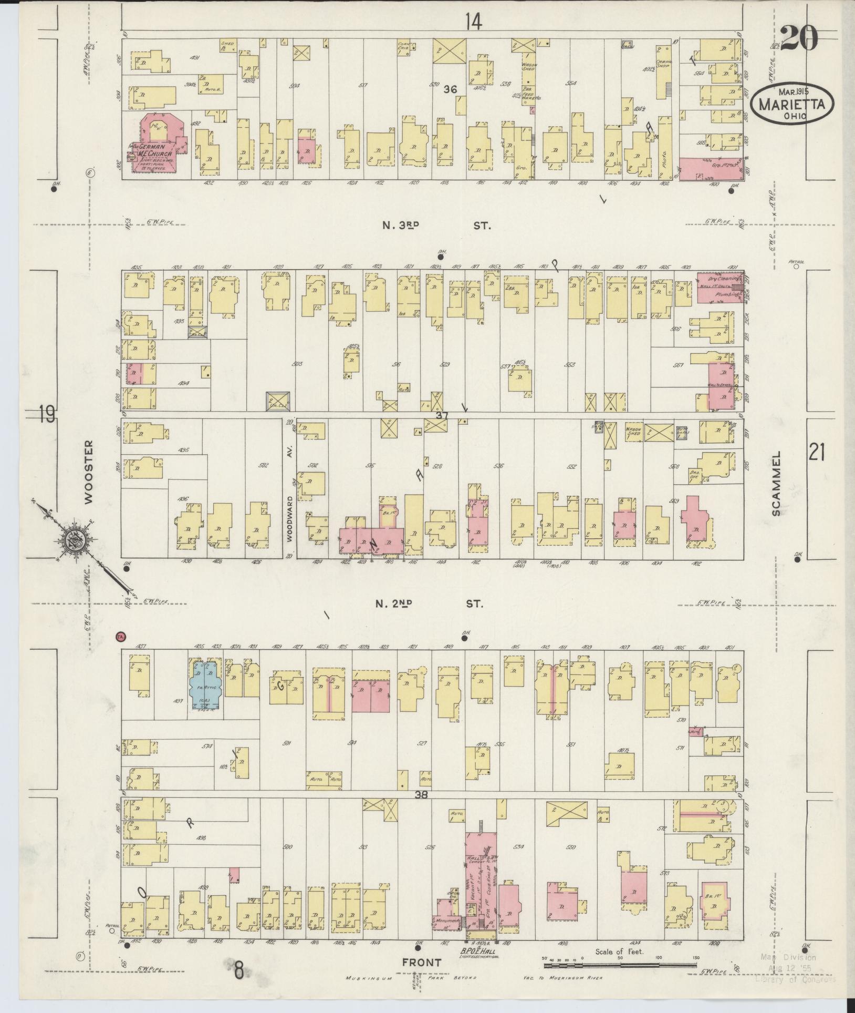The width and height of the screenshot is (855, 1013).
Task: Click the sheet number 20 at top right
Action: [799, 38]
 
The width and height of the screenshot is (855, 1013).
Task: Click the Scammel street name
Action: [777, 483]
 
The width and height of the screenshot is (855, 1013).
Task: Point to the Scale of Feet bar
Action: [620, 965]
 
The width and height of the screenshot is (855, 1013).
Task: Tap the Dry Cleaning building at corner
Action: [720, 287]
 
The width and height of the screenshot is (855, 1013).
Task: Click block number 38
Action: [421, 795]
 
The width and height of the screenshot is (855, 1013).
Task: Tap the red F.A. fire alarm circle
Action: [120, 636]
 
